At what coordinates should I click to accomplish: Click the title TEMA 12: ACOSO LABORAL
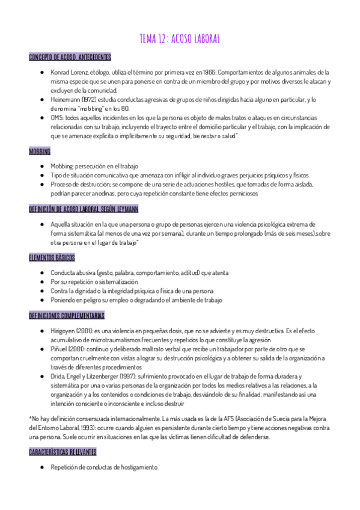[x=180, y=39]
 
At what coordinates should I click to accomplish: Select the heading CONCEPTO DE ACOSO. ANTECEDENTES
[x=70, y=57]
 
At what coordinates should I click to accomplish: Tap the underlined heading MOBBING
[x=40, y=150]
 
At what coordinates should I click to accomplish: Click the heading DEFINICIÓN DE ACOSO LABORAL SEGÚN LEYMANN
[x=84, y=209]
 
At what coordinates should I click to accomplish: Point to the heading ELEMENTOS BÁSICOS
[x=52, y=257]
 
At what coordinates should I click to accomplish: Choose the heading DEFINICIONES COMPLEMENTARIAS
[x=67, y=315]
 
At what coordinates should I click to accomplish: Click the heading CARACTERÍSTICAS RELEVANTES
[x=63, y=452]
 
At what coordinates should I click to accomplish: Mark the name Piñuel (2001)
[x=66, y=349]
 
